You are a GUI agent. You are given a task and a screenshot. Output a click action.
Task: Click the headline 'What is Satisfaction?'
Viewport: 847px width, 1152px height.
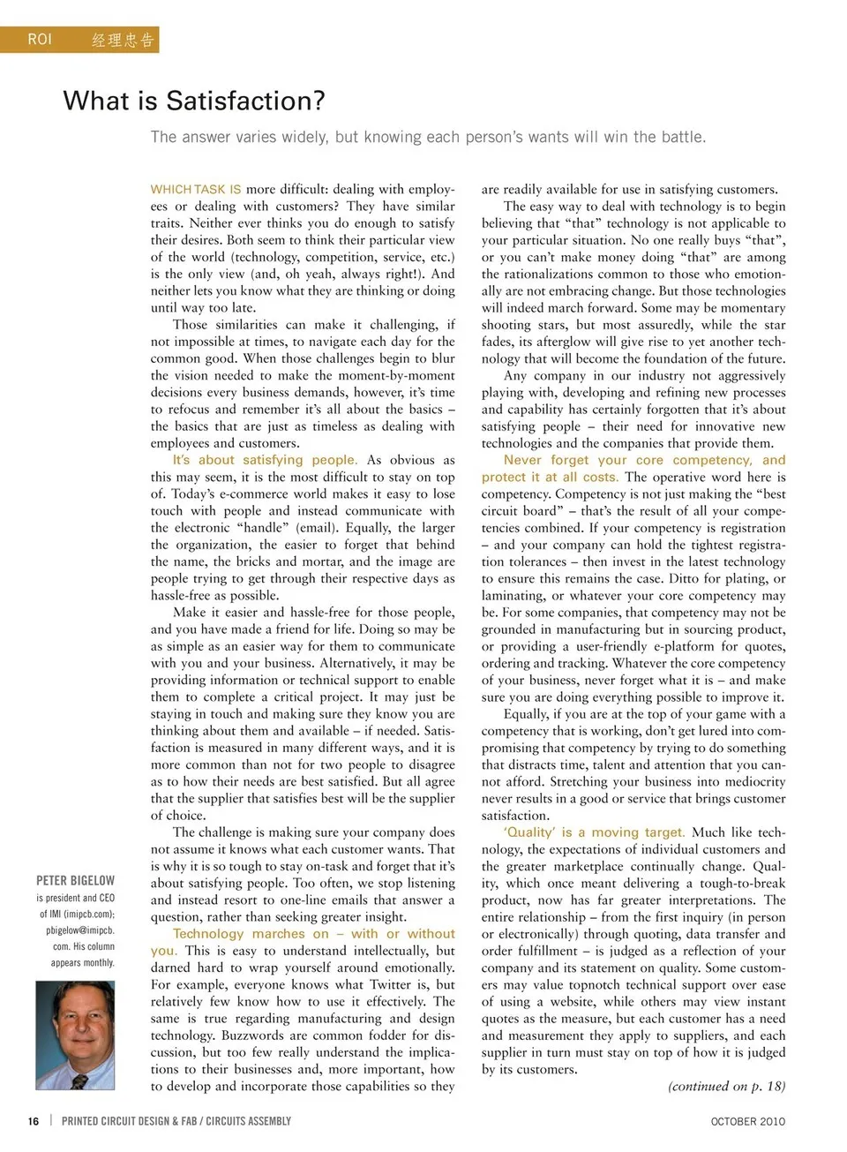(194, 101)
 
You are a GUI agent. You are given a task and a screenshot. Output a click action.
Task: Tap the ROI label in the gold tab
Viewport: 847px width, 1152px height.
(40, 40)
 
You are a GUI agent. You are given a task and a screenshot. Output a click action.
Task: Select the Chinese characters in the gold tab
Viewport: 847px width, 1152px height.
(123, 40)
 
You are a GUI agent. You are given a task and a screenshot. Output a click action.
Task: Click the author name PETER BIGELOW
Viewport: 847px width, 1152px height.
(76, 880)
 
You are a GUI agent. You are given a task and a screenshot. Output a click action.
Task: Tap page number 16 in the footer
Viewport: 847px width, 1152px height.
(34, 1121)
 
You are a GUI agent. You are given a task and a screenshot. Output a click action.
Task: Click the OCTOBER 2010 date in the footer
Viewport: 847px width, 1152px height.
(747, 1121)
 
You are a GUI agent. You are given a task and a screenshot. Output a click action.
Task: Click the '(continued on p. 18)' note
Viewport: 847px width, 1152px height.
(726, 1086)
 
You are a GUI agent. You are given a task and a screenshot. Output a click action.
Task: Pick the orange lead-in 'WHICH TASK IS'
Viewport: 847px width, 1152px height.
(196, 189)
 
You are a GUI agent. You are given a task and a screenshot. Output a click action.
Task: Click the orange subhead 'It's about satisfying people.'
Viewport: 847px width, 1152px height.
(265, 460)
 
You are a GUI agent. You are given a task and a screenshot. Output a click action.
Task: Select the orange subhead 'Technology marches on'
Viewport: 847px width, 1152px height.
(251, 933)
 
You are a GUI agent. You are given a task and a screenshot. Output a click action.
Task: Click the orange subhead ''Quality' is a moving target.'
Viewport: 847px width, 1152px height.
(594, 832)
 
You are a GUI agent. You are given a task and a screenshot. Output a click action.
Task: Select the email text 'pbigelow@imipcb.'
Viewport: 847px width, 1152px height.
(80, 930)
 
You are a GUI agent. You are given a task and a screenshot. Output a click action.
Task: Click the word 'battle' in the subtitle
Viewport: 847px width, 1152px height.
(681, 137)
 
